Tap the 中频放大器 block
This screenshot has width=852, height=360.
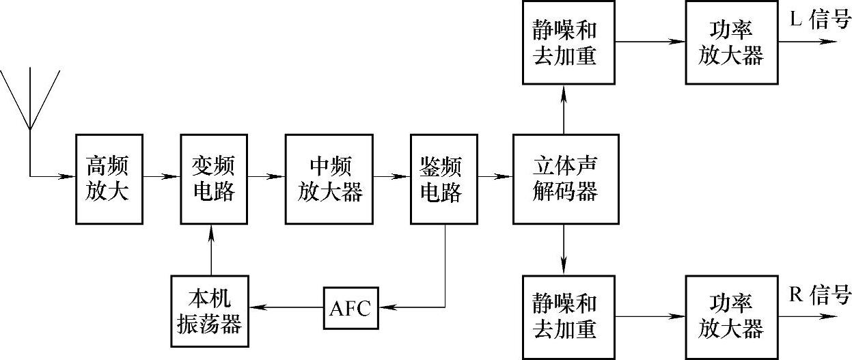coord(331,179)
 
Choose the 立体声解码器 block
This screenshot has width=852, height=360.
coord(565,179)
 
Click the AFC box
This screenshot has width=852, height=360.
coord(350,309)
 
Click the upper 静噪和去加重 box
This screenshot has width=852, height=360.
coord(565,43)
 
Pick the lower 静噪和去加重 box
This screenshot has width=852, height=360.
coord(565,316)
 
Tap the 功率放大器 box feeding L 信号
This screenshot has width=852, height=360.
coord(730,43)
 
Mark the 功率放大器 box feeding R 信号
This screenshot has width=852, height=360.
coord(730,316)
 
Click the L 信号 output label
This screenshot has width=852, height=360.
coord(820,20)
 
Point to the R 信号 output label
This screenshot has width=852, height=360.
coord(820,295)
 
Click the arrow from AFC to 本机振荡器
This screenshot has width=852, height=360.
coord(286,309)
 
